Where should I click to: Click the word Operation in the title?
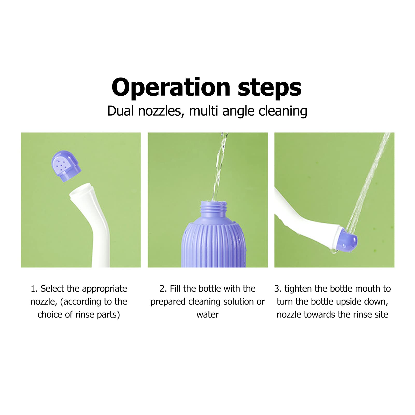[171, 88]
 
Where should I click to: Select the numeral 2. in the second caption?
[163, 289]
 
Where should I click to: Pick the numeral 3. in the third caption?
[278, 289]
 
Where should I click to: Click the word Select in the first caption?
[52, 289]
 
